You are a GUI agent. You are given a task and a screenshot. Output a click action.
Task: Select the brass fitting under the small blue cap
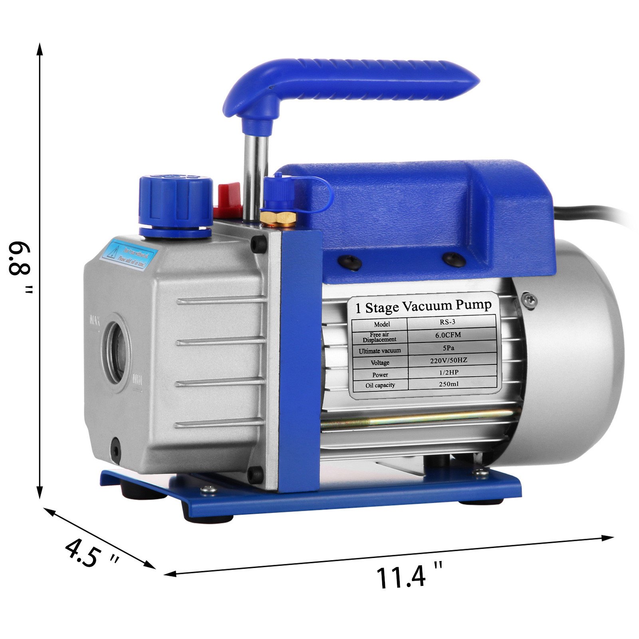[278, 218]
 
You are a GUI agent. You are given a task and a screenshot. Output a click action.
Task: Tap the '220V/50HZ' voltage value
[451, 360]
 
